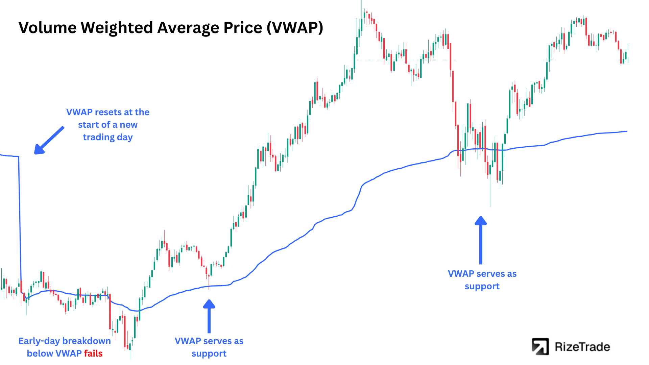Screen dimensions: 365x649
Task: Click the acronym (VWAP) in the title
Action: tap(295, 28)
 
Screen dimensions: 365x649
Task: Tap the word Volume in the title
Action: tap(47, 28)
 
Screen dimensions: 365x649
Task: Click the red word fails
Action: tap(93, 354)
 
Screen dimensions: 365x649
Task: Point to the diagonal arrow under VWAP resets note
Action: tap(49, 141)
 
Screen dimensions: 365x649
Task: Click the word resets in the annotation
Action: tap(107, 112)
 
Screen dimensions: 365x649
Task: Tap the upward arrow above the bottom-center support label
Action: tap(209, 316)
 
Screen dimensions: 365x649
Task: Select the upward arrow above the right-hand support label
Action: tap(481, 240)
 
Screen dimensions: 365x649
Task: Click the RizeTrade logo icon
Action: tap(540, 347)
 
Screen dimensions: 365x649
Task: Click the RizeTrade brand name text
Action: tap(582, 347)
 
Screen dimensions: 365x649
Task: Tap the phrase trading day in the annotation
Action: tap(108, 137)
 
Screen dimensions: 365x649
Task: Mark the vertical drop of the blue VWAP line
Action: tap(20, 223)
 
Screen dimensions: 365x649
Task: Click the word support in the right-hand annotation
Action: tap(482, 286)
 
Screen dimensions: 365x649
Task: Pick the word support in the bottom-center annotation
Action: tap(209, 354)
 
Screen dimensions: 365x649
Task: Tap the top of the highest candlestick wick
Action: tap(361, 1)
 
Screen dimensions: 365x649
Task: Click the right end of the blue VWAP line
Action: tap(627, 131)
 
